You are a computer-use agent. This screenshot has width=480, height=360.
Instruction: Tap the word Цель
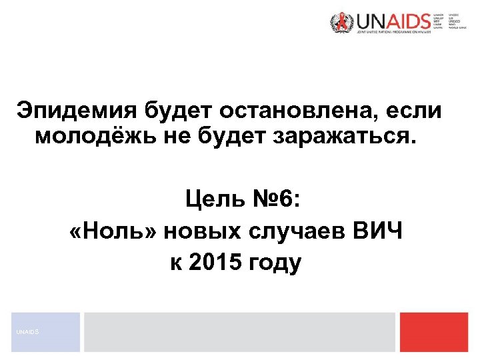pos(215,199)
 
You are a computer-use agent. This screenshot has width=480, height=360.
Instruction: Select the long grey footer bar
pos(239,332)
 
